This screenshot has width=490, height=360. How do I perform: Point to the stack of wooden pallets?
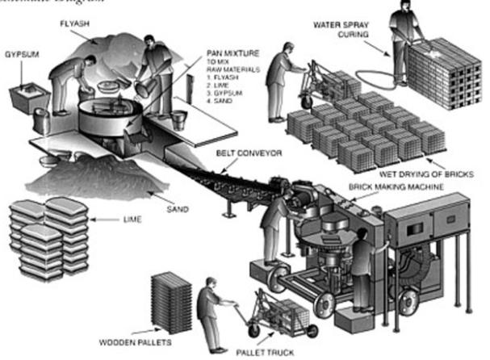[x=171, y=299]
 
